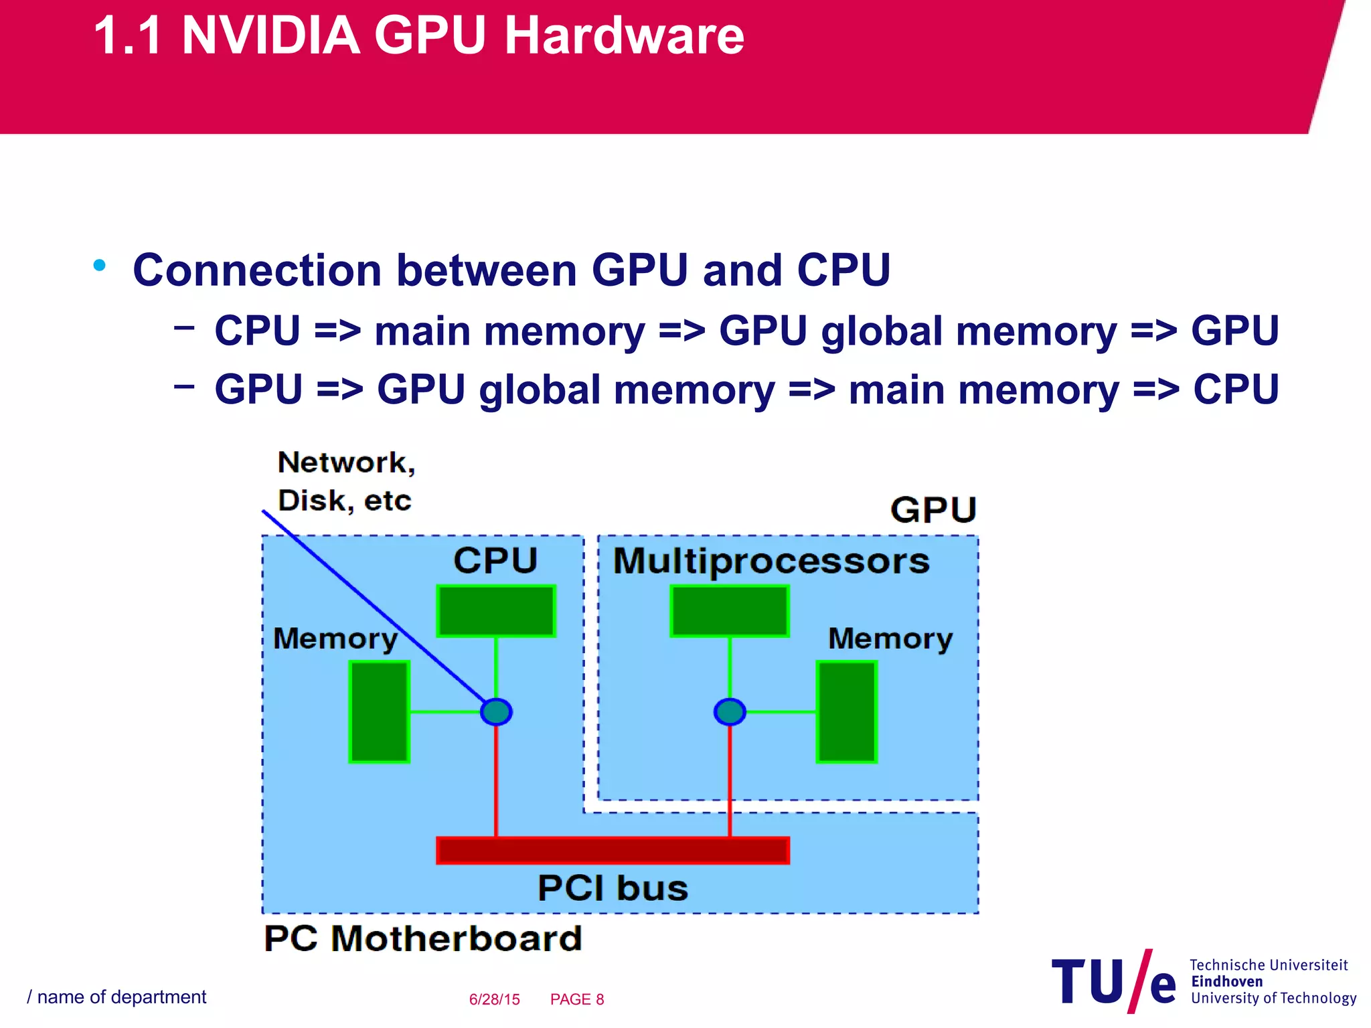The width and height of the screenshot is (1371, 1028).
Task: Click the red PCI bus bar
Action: tap(613, 850)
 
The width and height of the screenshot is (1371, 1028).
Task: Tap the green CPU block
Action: tap(496, 610)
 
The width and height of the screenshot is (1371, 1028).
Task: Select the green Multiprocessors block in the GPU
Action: tap(730, 610)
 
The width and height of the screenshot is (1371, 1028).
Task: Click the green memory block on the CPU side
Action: tap(379, 711)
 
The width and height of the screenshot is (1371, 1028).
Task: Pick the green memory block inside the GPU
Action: tap(846, 711)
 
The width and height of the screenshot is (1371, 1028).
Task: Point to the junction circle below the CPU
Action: tap(496, 711)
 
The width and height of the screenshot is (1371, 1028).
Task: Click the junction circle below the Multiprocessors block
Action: tap(730, 711)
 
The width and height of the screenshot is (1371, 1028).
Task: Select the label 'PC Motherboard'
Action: tap(422, 938)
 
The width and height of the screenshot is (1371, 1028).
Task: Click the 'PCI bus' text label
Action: tap(613, 888)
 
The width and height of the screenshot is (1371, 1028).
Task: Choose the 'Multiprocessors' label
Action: tap(771, 561)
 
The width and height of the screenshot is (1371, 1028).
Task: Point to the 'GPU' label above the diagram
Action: tap(933, 510)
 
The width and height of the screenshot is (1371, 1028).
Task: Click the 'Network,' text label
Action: tap(346, 462)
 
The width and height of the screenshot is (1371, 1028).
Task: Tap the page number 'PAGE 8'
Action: tap(576, 999)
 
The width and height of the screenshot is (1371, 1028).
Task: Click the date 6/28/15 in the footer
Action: tap(494, 999)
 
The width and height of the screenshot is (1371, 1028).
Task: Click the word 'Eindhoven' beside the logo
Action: tap(1226, 981)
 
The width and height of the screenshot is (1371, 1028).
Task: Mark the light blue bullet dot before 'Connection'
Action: tap(100, 266)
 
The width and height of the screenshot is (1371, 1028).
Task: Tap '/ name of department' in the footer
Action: tap(116, 997)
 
